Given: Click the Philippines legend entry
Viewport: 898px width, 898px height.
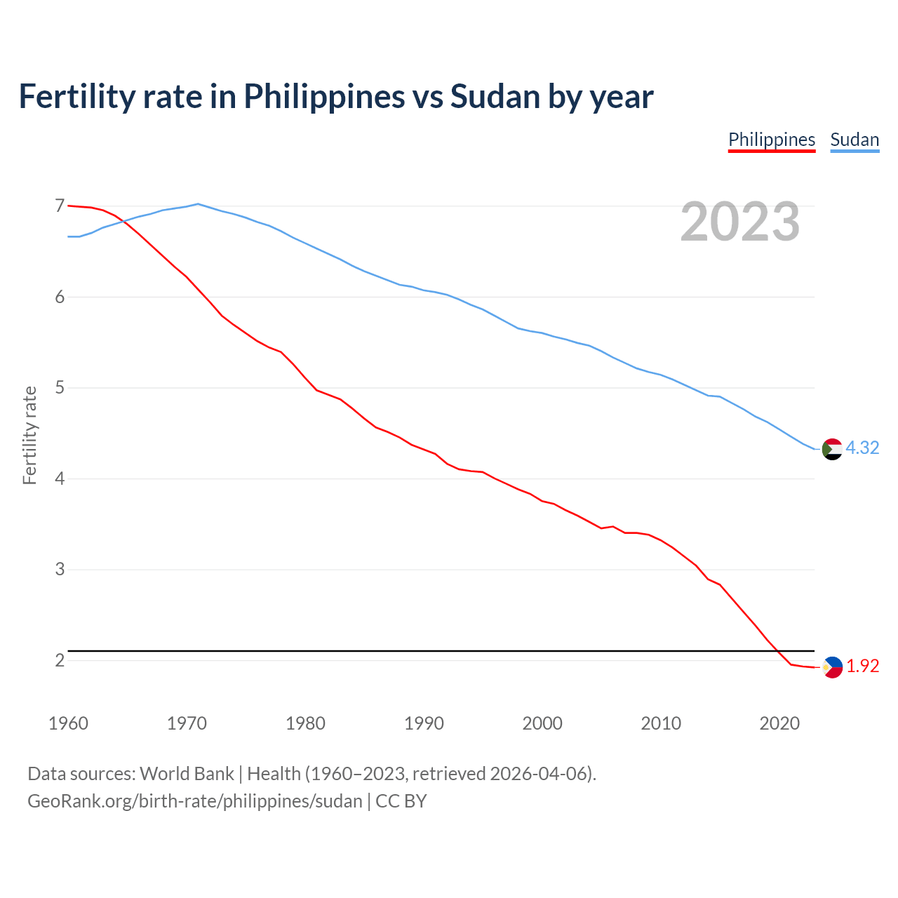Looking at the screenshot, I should [772, 140].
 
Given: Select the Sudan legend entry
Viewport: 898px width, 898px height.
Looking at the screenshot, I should [855, 140].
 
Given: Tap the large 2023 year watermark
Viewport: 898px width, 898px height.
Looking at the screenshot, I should [740, 222].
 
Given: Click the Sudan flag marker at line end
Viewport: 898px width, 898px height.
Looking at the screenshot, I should [832, 449].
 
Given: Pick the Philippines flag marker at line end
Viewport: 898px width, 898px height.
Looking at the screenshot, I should [832, 667].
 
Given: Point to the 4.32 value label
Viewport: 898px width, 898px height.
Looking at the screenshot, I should [862, 448].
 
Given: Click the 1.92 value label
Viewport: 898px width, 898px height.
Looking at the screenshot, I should [862, 666].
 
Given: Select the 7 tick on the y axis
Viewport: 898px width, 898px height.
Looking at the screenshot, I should [60, 206].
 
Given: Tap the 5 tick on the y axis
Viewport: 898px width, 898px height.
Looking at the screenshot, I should [60, 387].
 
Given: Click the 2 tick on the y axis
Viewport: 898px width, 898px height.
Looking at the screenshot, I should [60, 660].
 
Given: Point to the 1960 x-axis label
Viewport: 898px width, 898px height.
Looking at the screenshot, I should [68, 723].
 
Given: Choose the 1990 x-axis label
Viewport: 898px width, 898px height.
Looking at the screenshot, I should [424, 723].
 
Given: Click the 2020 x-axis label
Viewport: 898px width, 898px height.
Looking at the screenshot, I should [779, 723].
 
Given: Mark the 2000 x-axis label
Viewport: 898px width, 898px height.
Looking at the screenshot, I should [542, 723].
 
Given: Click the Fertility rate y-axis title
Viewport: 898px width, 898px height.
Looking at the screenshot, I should [29, 435].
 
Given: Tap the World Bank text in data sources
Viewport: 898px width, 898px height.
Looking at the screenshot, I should [187, 774].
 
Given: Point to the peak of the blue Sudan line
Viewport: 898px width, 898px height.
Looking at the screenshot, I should [198, 204].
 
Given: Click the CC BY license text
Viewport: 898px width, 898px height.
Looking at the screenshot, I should [401, 801].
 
